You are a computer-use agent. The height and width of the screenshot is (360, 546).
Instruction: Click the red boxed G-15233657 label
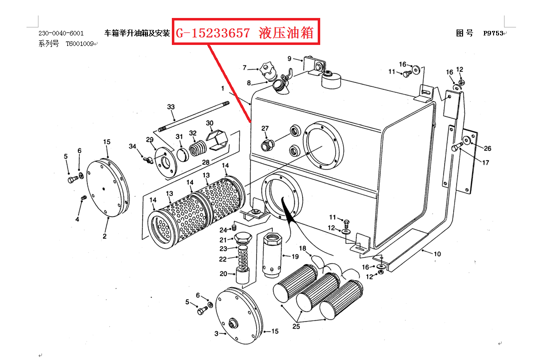pos(245,33)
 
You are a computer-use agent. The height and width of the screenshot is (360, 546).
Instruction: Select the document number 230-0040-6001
pos(61,33)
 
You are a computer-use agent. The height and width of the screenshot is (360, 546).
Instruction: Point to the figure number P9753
pos(493,33)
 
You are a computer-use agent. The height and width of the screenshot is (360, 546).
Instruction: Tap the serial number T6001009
pos(79,44)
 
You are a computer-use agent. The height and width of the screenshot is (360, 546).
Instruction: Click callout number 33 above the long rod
pos(171,107)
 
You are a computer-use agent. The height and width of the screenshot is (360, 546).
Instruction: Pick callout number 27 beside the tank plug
pos(265,129)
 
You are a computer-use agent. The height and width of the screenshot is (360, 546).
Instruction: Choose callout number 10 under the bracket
pos(437,254)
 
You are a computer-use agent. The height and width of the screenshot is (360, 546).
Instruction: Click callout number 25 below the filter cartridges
pos(296,327)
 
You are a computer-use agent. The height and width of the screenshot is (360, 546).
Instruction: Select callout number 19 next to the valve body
pos(295,256)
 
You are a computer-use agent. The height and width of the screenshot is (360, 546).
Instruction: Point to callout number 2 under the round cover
pos(105,236)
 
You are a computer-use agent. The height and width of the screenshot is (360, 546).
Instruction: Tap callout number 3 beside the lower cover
pos(216,334)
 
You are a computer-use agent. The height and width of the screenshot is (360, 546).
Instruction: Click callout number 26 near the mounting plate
pos(488,148)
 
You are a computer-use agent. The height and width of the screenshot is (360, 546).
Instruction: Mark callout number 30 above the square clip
pos(209,123)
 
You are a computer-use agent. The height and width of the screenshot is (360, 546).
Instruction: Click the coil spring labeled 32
pos(199,148)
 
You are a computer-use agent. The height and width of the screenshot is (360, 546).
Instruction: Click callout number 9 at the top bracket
pos(289,59)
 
